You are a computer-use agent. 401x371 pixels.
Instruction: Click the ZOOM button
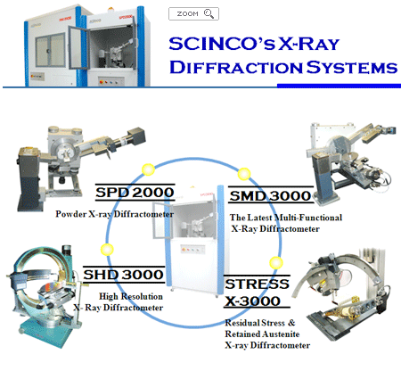point(193,13)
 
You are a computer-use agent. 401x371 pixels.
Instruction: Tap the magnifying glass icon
point(209,13)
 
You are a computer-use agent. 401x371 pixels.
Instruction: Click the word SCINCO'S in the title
point(222,44)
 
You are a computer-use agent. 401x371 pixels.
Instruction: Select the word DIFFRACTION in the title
point(236,67)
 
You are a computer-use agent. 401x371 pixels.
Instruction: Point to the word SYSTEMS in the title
point(352,67)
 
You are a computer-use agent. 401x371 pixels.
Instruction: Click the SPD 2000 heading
point(135,193)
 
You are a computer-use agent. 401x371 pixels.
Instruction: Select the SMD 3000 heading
point(270,196)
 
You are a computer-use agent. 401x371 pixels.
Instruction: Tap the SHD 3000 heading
point(123,275)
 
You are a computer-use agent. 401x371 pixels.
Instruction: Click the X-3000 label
point(252,301)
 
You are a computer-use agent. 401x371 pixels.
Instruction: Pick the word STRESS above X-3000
point(257,284)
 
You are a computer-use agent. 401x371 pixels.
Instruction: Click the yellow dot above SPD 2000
point(148,169)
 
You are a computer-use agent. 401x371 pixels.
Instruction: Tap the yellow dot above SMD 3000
point(244,174)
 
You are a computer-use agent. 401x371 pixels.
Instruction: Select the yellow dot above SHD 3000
point(107,250)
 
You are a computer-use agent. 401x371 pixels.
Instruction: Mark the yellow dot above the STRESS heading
point(276,263)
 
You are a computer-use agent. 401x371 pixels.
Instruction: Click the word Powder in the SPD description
point(71,214)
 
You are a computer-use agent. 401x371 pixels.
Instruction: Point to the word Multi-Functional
point(308,218)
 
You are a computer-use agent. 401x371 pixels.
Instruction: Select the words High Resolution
point(131,296)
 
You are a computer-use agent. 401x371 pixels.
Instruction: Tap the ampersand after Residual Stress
point(291,323)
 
